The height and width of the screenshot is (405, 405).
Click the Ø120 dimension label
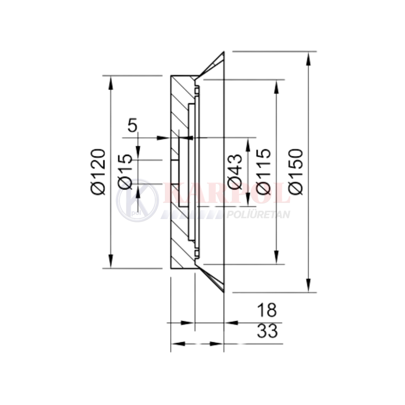pos(98,171)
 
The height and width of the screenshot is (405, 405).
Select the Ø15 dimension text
pos(125,172)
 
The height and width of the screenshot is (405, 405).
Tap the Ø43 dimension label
pos(235,171)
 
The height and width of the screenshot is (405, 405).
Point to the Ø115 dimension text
pos(264,171)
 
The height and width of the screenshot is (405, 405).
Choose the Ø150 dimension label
pos(295,171)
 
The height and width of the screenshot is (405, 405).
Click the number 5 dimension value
pos(133,125)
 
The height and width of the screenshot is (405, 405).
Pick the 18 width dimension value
pos(267,310)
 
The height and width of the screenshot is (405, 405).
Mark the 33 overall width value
pos(267,331)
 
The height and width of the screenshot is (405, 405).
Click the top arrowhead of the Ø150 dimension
pos(308,58)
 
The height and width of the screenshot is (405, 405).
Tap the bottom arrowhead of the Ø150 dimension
pos(308,286)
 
